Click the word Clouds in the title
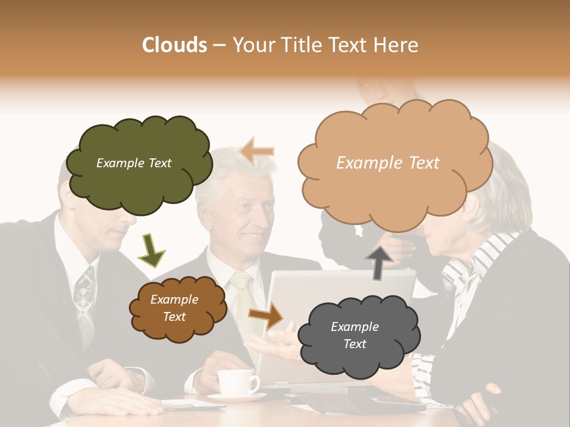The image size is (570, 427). pos(175,45)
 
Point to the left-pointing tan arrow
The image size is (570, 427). pos(258,151)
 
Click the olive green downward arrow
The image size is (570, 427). pos(151,250)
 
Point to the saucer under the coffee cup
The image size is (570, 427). pos(237,397)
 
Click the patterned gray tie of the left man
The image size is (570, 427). pos(84,302)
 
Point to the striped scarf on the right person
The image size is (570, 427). pos(469,267)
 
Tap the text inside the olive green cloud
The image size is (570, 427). pos(134,163)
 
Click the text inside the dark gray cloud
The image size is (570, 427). pos(354,335)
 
